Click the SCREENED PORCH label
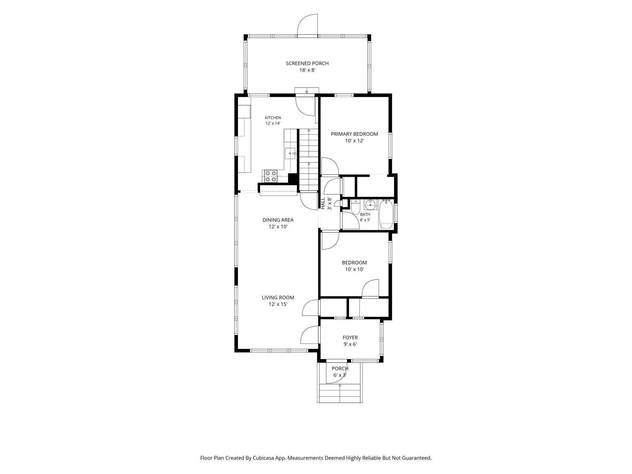[x=307, y=63]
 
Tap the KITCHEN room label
[x=273, y=118]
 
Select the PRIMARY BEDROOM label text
[x=354, y=134]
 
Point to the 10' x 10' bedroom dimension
[x=354, y=269]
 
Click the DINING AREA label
[x=278, y=220]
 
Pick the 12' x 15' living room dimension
[x=278, y=304]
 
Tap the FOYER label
[x=350, y=338]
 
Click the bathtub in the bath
[x=386, y=214]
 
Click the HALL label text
[x=323, y=203]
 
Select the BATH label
[x=365, y=215]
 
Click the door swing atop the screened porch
[x=307, y=26]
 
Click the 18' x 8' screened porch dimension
[x=307, y=70]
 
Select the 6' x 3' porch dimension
[x=340, y=375]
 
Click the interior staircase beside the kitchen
[x=309, y=160]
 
